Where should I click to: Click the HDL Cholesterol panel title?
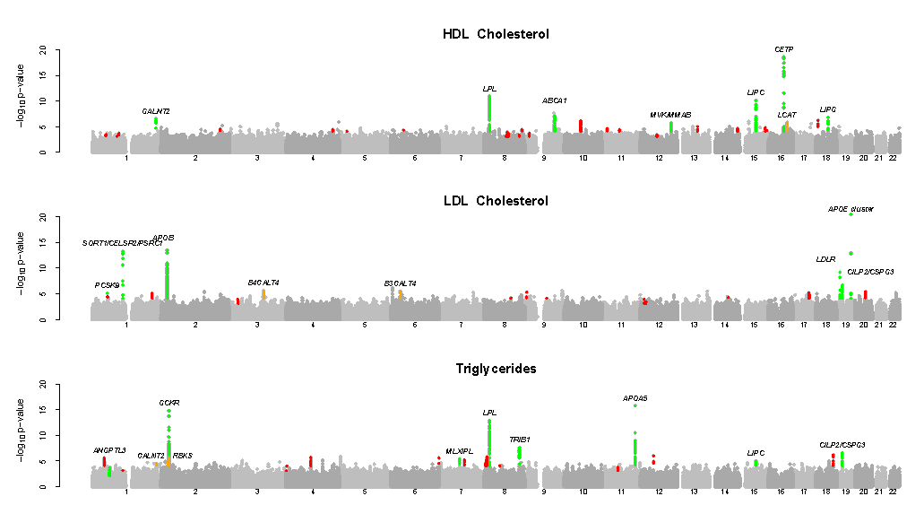pyautogui.click(x=496, y=35)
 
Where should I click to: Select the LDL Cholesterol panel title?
pyautogui.click(x=496, y=201)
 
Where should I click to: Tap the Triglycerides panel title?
pyautogui.click(x=496, y=369)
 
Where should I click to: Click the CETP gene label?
pyautogui.click(x=783, y=49)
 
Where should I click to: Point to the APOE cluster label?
pyautogui.click(x=851, y=210)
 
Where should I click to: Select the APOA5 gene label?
pyautogui.click(x=635, y=398)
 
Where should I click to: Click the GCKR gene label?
pyautogui.click(x=169, y=403)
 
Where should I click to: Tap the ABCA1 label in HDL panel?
pyautogui.click(x=554, y=100)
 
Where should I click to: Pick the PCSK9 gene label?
pyautogui.click(x=107, y=285)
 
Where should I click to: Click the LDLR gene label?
pyautogui.click(x=825, y=259)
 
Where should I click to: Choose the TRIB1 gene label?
pyautogui.click(x=520, y=440)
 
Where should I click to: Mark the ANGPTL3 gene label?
pyautogui.click(x=109, y=450)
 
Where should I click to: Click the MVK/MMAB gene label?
pyautogui.click(x=670, y=115)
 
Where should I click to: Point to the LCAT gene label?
pyautogui.click(x=787, y=115)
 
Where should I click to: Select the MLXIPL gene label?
pyautogui.click(x=459, y=451)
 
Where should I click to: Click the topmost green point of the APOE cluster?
pyautogui.click(x=851, y=215)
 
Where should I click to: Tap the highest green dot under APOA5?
pyautogui.click(x=635, y=405)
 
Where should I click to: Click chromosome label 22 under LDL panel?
pyautogui.click(x=893, y=325)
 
